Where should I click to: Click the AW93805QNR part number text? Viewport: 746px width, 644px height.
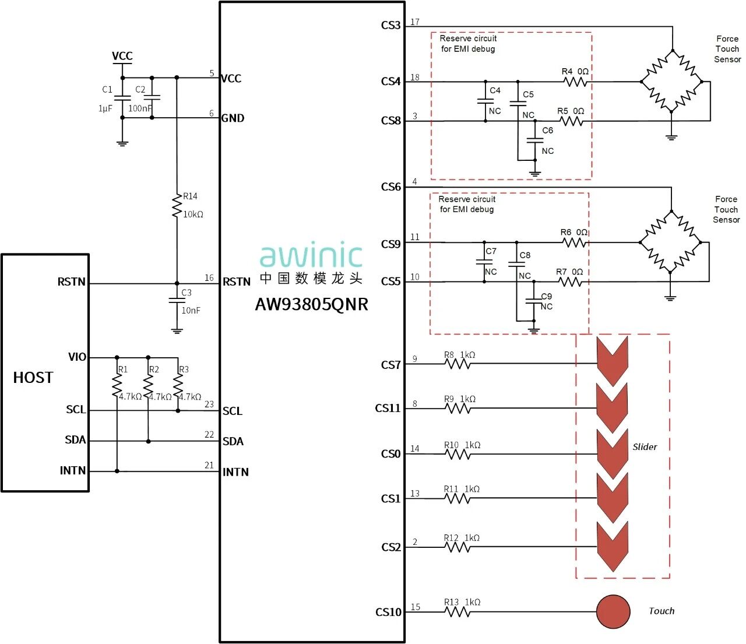click(x=311, y=304)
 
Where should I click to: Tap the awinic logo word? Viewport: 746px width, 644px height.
click(x=311, y=256)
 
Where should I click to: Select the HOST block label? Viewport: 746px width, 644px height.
click(x=33, y=378)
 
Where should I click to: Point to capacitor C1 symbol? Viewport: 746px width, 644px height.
click(x=122, y=98)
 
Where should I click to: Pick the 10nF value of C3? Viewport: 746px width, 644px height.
click(x=191, y=311)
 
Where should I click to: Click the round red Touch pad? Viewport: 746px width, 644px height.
click(x=613, y=611)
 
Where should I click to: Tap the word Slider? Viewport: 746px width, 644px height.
click(x=645, y=447)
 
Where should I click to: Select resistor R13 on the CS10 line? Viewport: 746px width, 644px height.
click(x=458, y=611)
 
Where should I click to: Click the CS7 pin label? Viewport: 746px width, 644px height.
click(x=390, y=365)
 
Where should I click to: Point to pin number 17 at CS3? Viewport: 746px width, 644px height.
click(x=415, y=22)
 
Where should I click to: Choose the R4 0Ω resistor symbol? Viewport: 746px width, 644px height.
click(x=576, y=82)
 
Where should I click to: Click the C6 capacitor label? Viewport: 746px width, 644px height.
click(x=548, y=131)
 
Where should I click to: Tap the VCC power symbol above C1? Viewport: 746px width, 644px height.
click(x=122, y=57)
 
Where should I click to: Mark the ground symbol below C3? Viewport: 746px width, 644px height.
click(x=177, y=330)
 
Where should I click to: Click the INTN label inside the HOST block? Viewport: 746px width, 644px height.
click(x=73, y=470)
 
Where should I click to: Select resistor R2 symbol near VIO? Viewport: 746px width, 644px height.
click(x=148, y=385)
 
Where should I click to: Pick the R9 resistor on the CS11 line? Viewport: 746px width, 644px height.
click(x=458, y=408)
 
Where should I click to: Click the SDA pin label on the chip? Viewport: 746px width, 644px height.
click(x=233, y=441)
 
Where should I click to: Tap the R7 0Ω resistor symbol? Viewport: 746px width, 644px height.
click(x=570, y=282)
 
